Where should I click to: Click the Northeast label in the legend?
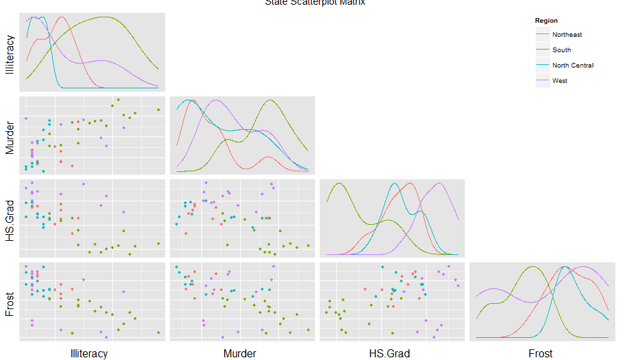[x=566, y=35]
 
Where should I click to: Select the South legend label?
[x=561, y=50]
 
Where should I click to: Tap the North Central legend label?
[x=573, y=66]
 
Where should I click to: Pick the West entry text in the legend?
[x=560, y=81]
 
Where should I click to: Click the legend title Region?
[x=546, y=21]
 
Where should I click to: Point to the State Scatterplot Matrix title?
[x=314, y=3]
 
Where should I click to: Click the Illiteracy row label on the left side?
[x=9, y=51]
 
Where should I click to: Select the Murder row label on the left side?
[x=9, y=136]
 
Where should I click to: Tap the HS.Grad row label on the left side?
[x=9, y=217]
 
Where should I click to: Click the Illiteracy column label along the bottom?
[x=89, y=353]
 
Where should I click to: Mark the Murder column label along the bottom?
[x=239, y=353]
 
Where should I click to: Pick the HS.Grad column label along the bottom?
[x=389, y=353]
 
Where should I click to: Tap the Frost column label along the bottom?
[x=540, y=353]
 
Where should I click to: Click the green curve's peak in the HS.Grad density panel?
[x=339, y=183]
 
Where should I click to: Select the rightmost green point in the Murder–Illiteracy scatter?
[x=159, y=110]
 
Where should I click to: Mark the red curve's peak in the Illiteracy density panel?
[x=62, y=17]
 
